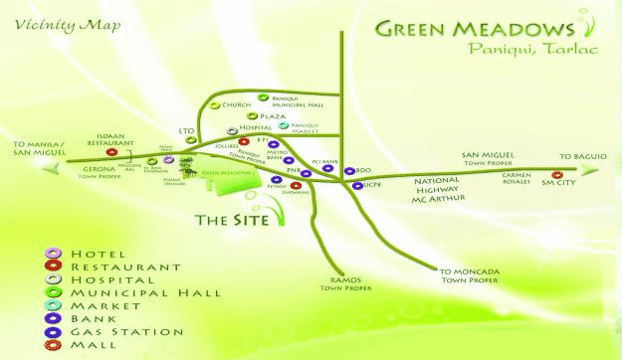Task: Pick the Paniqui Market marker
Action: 284,126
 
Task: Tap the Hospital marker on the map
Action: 231,129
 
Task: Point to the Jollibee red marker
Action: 243,143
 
